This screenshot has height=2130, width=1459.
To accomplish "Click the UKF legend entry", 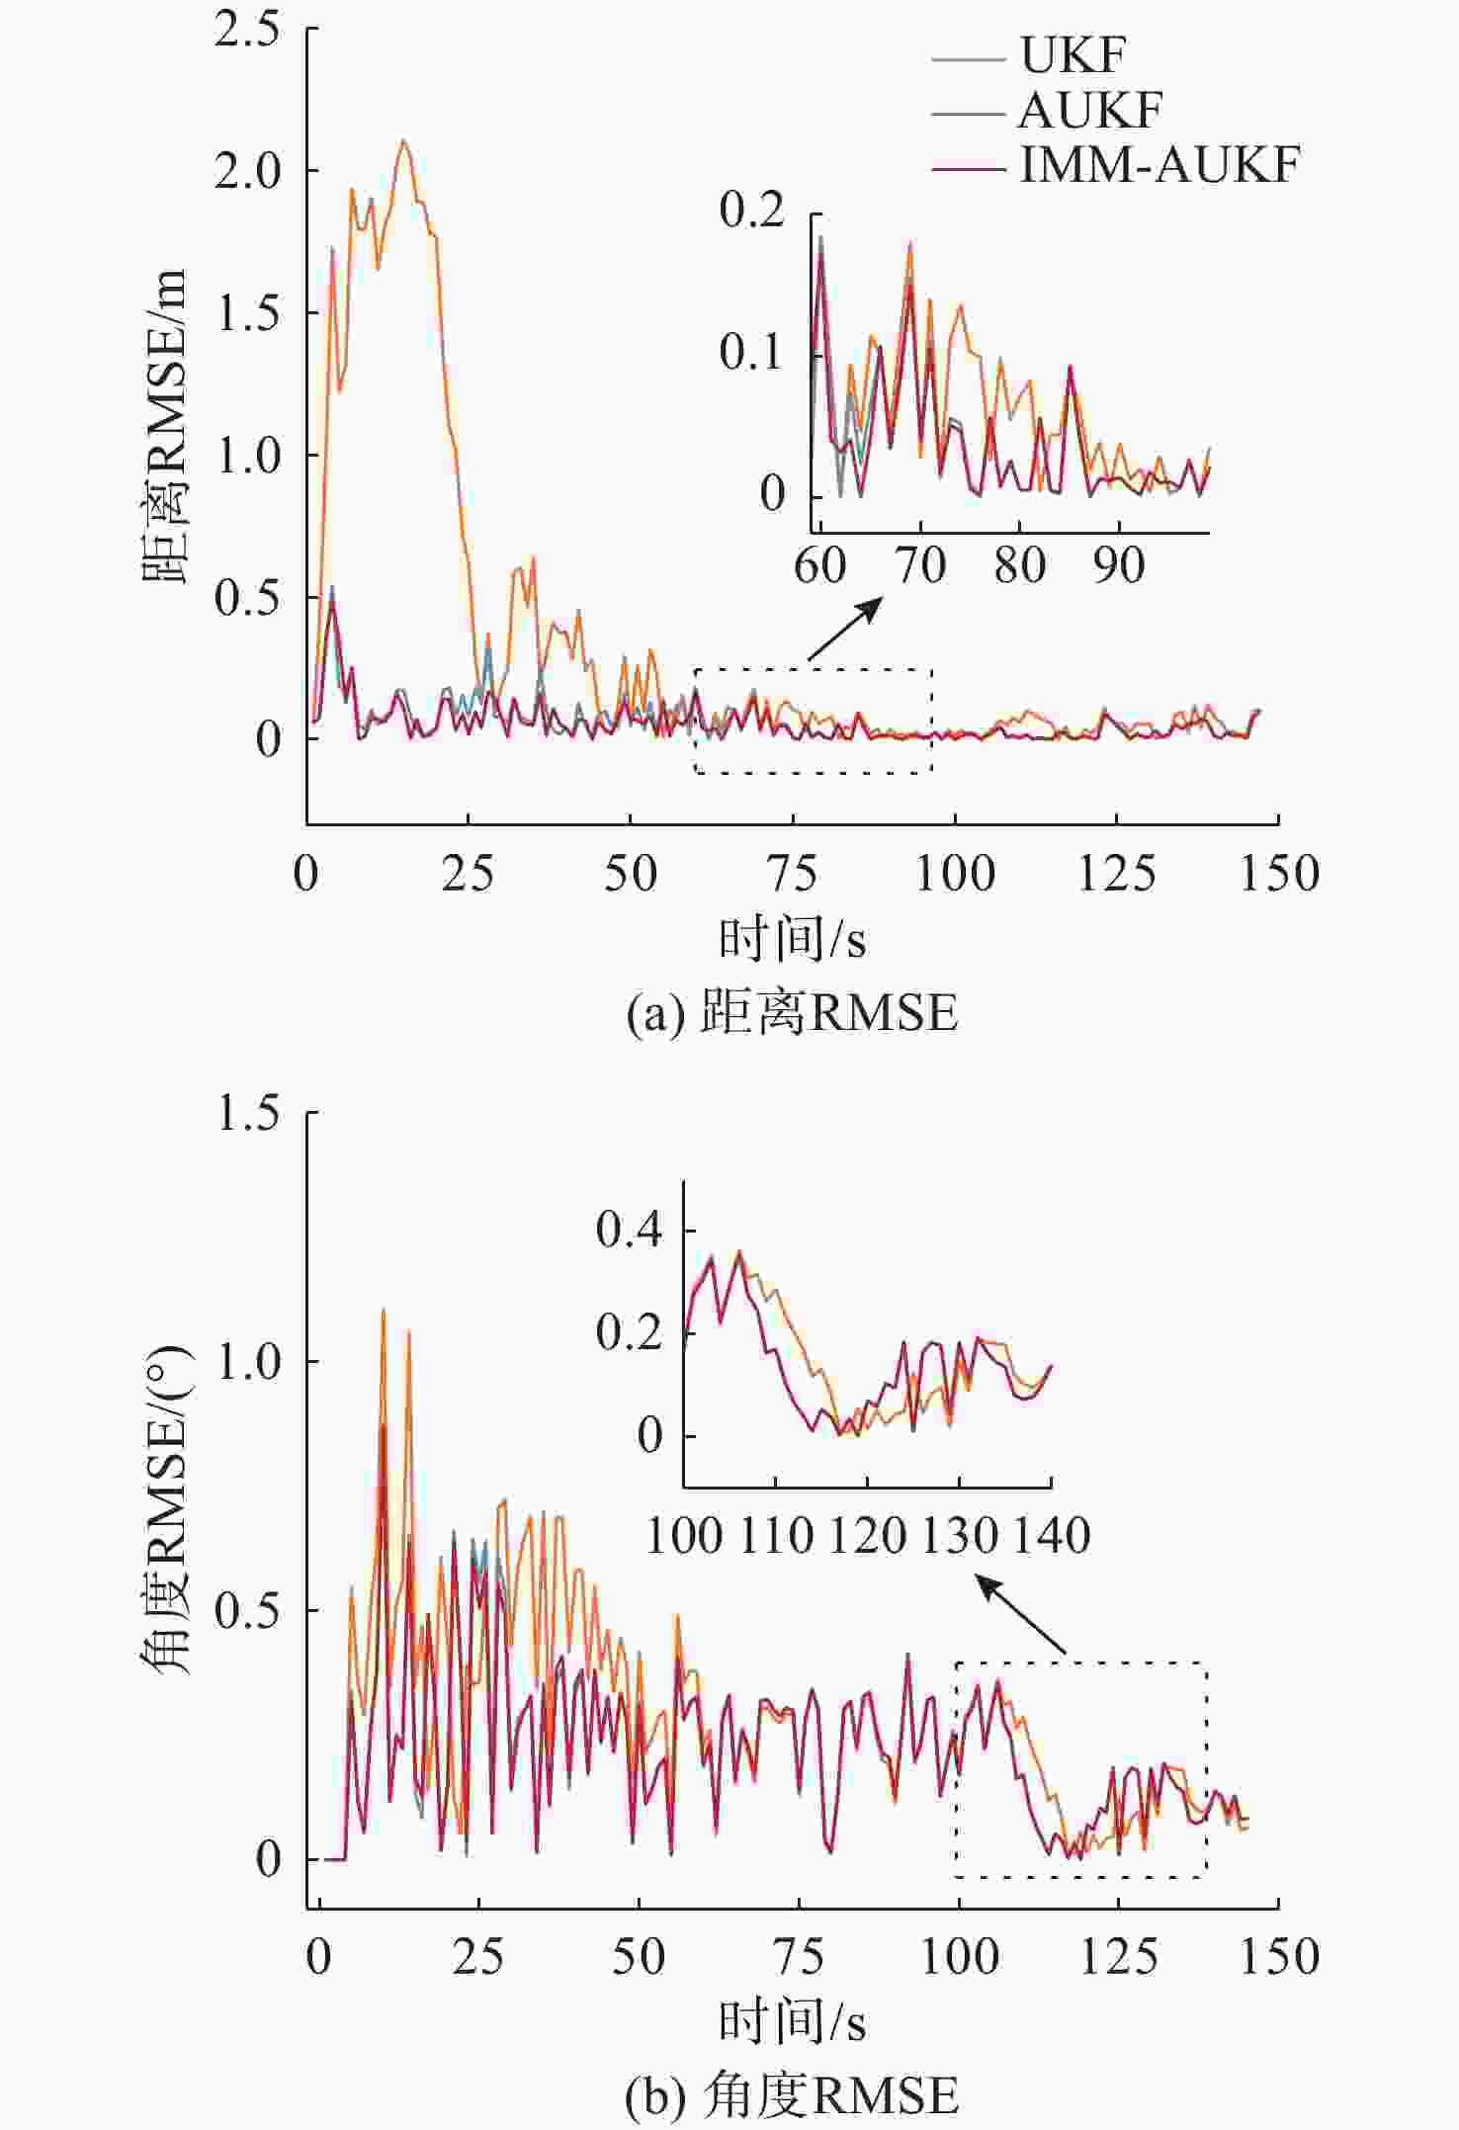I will pyautogui.click(x=1072, y=56).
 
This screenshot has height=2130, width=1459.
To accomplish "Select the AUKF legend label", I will pyautogui.click(x=1089, y=111).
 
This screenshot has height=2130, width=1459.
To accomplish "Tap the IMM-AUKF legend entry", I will pyautogui.click(x=1159, y=165).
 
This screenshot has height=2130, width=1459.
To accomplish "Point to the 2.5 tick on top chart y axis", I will pyautogui.click(x=248, y=30).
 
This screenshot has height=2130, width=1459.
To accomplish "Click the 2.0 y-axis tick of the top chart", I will pyautogui.click(x=248, y=171).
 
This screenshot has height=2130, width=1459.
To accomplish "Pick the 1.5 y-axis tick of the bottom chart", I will pyautogui.click(x=248, y=1114).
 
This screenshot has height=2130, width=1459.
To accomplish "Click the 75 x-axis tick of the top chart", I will pyautogui.click(x=793, y=874).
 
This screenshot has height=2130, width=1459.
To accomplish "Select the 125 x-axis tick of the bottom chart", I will pyautogui.click(x=1118, y=1957).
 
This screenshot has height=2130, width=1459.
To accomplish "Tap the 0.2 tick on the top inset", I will pyautogui.click(x=751, y=210).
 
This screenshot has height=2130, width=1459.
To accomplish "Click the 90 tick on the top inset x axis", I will pyautogui.click(x=1119, y=566).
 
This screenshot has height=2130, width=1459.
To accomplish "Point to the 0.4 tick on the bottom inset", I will pyautogui.click(x=629, y=1230).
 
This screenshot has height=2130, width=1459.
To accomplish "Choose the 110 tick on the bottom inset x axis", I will pyautogui.click(x=776, y=1536).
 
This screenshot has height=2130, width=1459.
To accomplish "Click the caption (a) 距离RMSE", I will pyautogui.click(x=792, y=1013).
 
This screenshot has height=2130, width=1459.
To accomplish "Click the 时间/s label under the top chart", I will pyautogui.click(x=792, y=939).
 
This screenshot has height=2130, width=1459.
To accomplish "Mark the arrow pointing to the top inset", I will pyautogui.click(x=845, y=629).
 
